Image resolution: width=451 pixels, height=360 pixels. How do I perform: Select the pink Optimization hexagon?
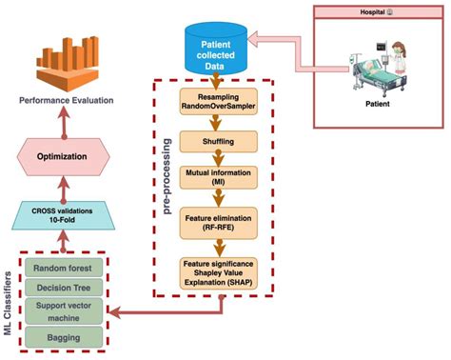click(x=65, y=155)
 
